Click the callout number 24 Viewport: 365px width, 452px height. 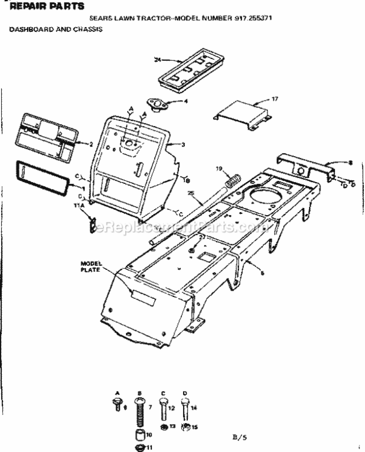(157, 60)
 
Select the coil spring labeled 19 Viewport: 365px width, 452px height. (233, 180)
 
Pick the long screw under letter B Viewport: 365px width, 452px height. (140, 409)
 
